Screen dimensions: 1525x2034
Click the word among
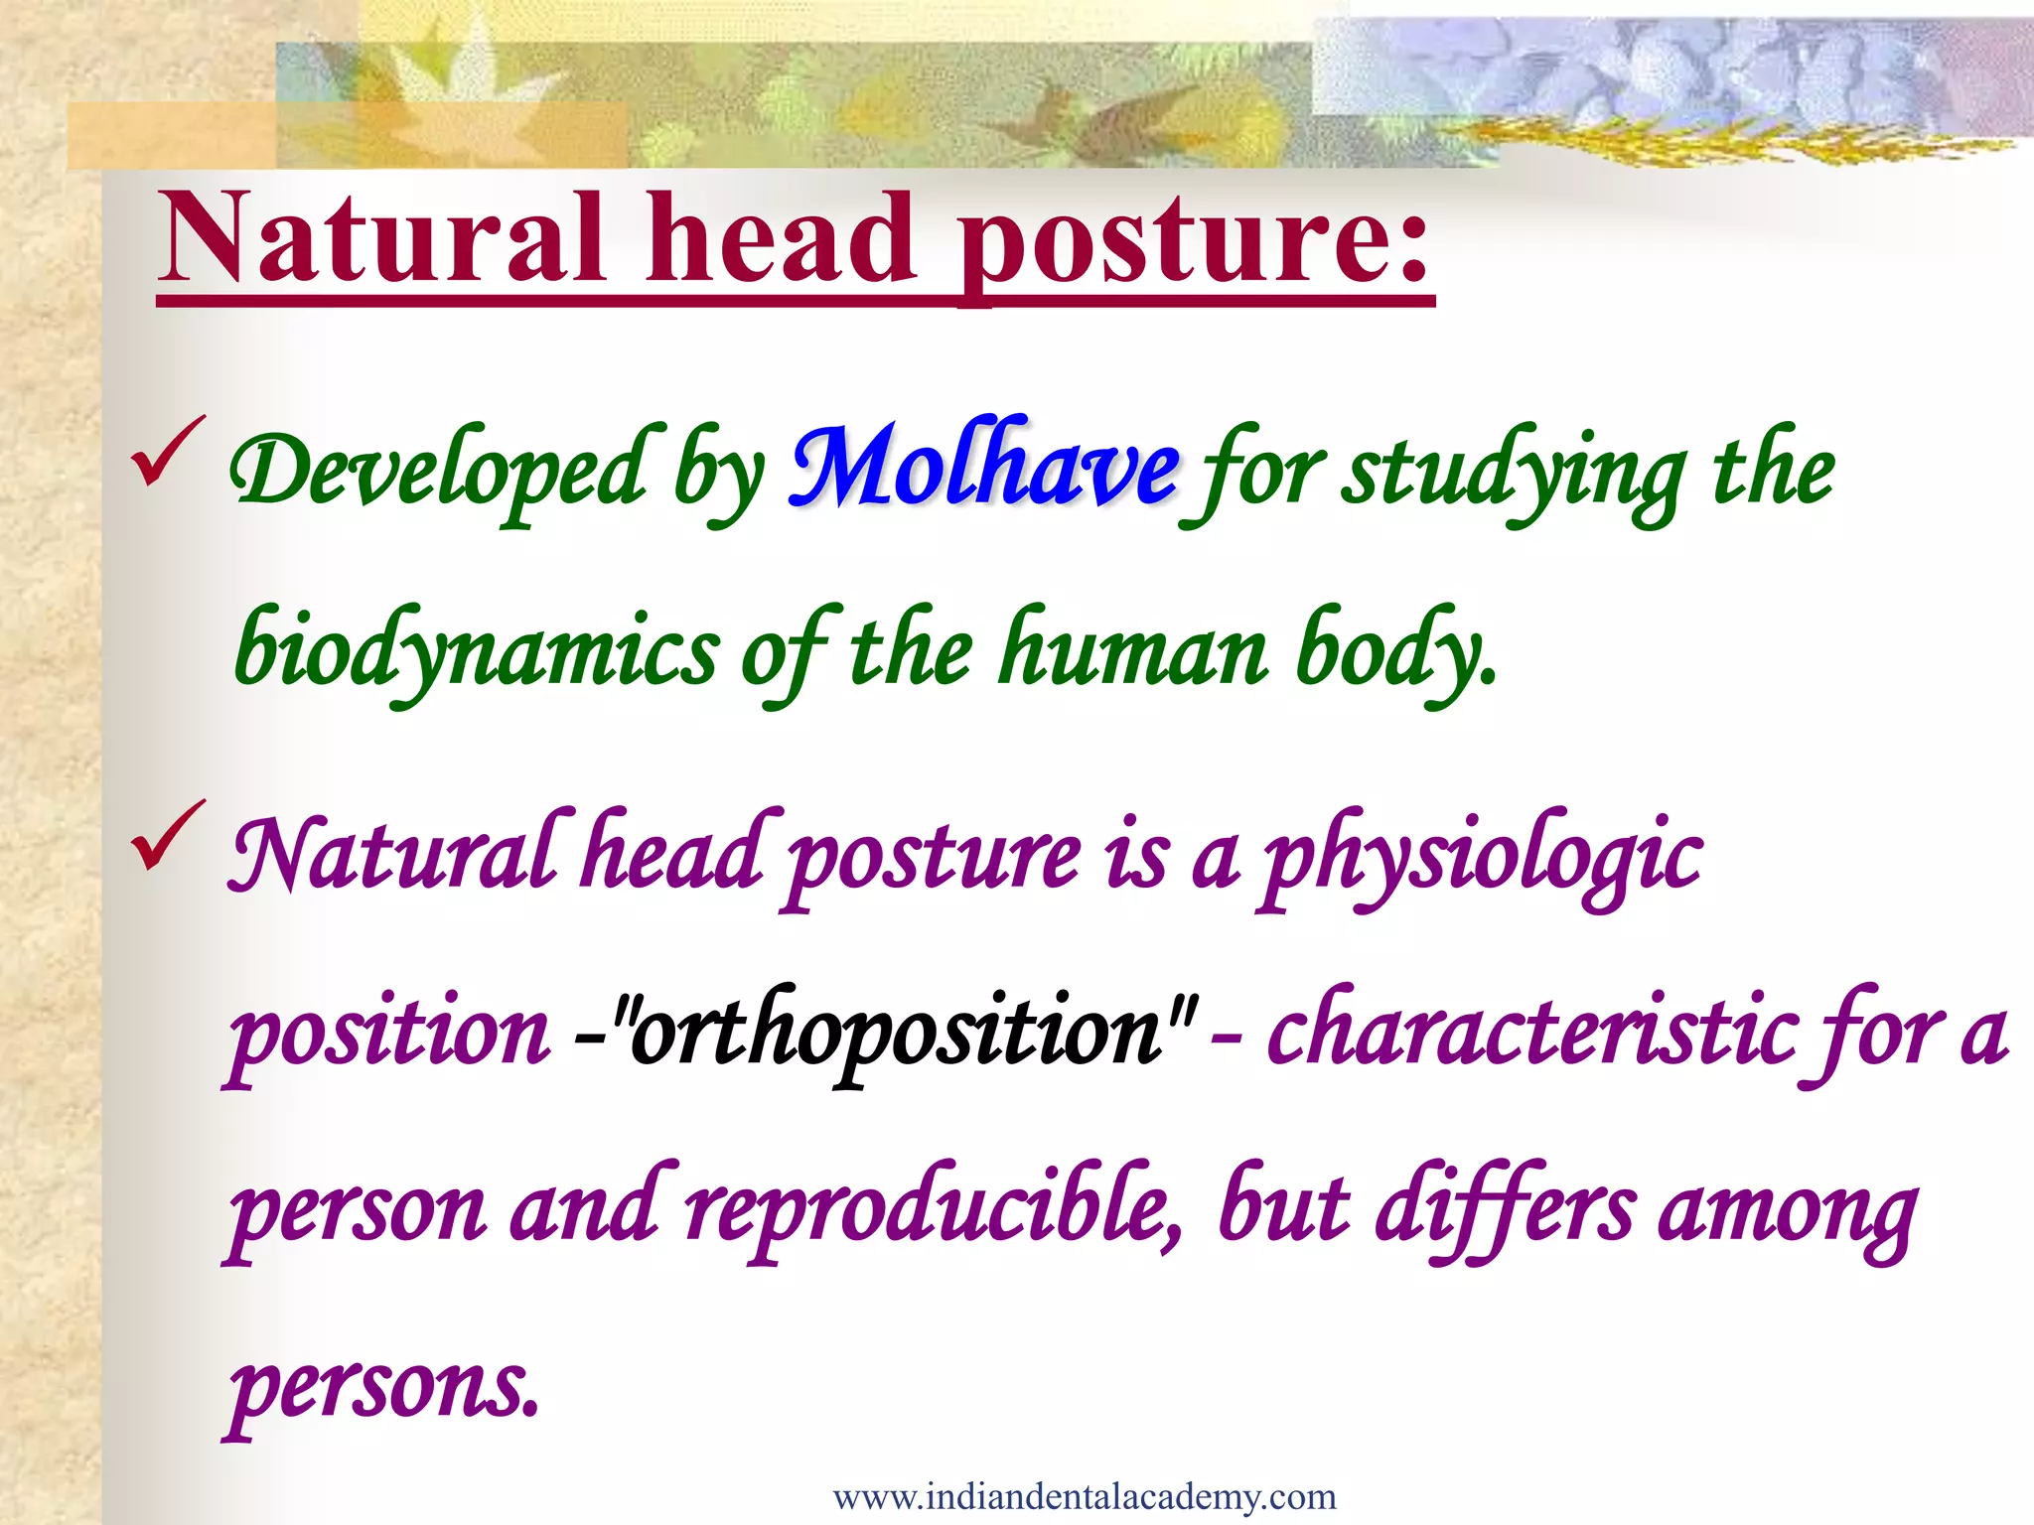(1788, 1213)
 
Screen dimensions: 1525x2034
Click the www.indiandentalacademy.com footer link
(1085, 1496)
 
